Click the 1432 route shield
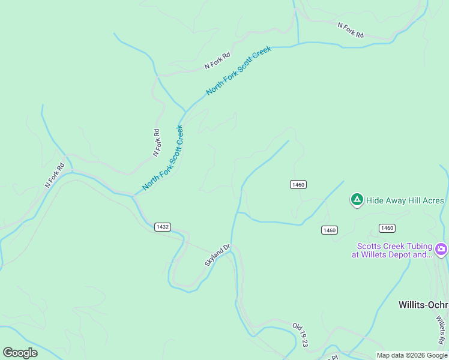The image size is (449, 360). (x=162, y=227)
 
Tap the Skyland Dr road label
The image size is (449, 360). (x=217, y=255)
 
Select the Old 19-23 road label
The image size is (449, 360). (x=300, y=334)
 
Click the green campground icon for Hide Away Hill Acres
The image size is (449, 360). (x=357, y=200)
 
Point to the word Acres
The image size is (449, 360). (x=432, y=200)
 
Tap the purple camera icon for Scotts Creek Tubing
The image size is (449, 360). (x=441, y=249)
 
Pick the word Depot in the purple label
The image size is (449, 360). (x=404, y=254)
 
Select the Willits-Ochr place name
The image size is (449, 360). (x=423, y=305)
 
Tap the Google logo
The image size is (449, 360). (x=20, y=353)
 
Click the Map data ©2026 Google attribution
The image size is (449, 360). (x=412, y=355)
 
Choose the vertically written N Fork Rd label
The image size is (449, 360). (x=157, y=143)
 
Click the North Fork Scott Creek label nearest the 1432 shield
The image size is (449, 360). (x=162, y=158)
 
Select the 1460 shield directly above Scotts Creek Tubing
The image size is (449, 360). (x=387, y=228)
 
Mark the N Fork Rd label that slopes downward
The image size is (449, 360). (x=351, y=30)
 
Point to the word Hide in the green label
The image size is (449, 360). (x=375, y=200)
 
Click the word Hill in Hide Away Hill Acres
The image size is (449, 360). (x=412, y=200)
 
